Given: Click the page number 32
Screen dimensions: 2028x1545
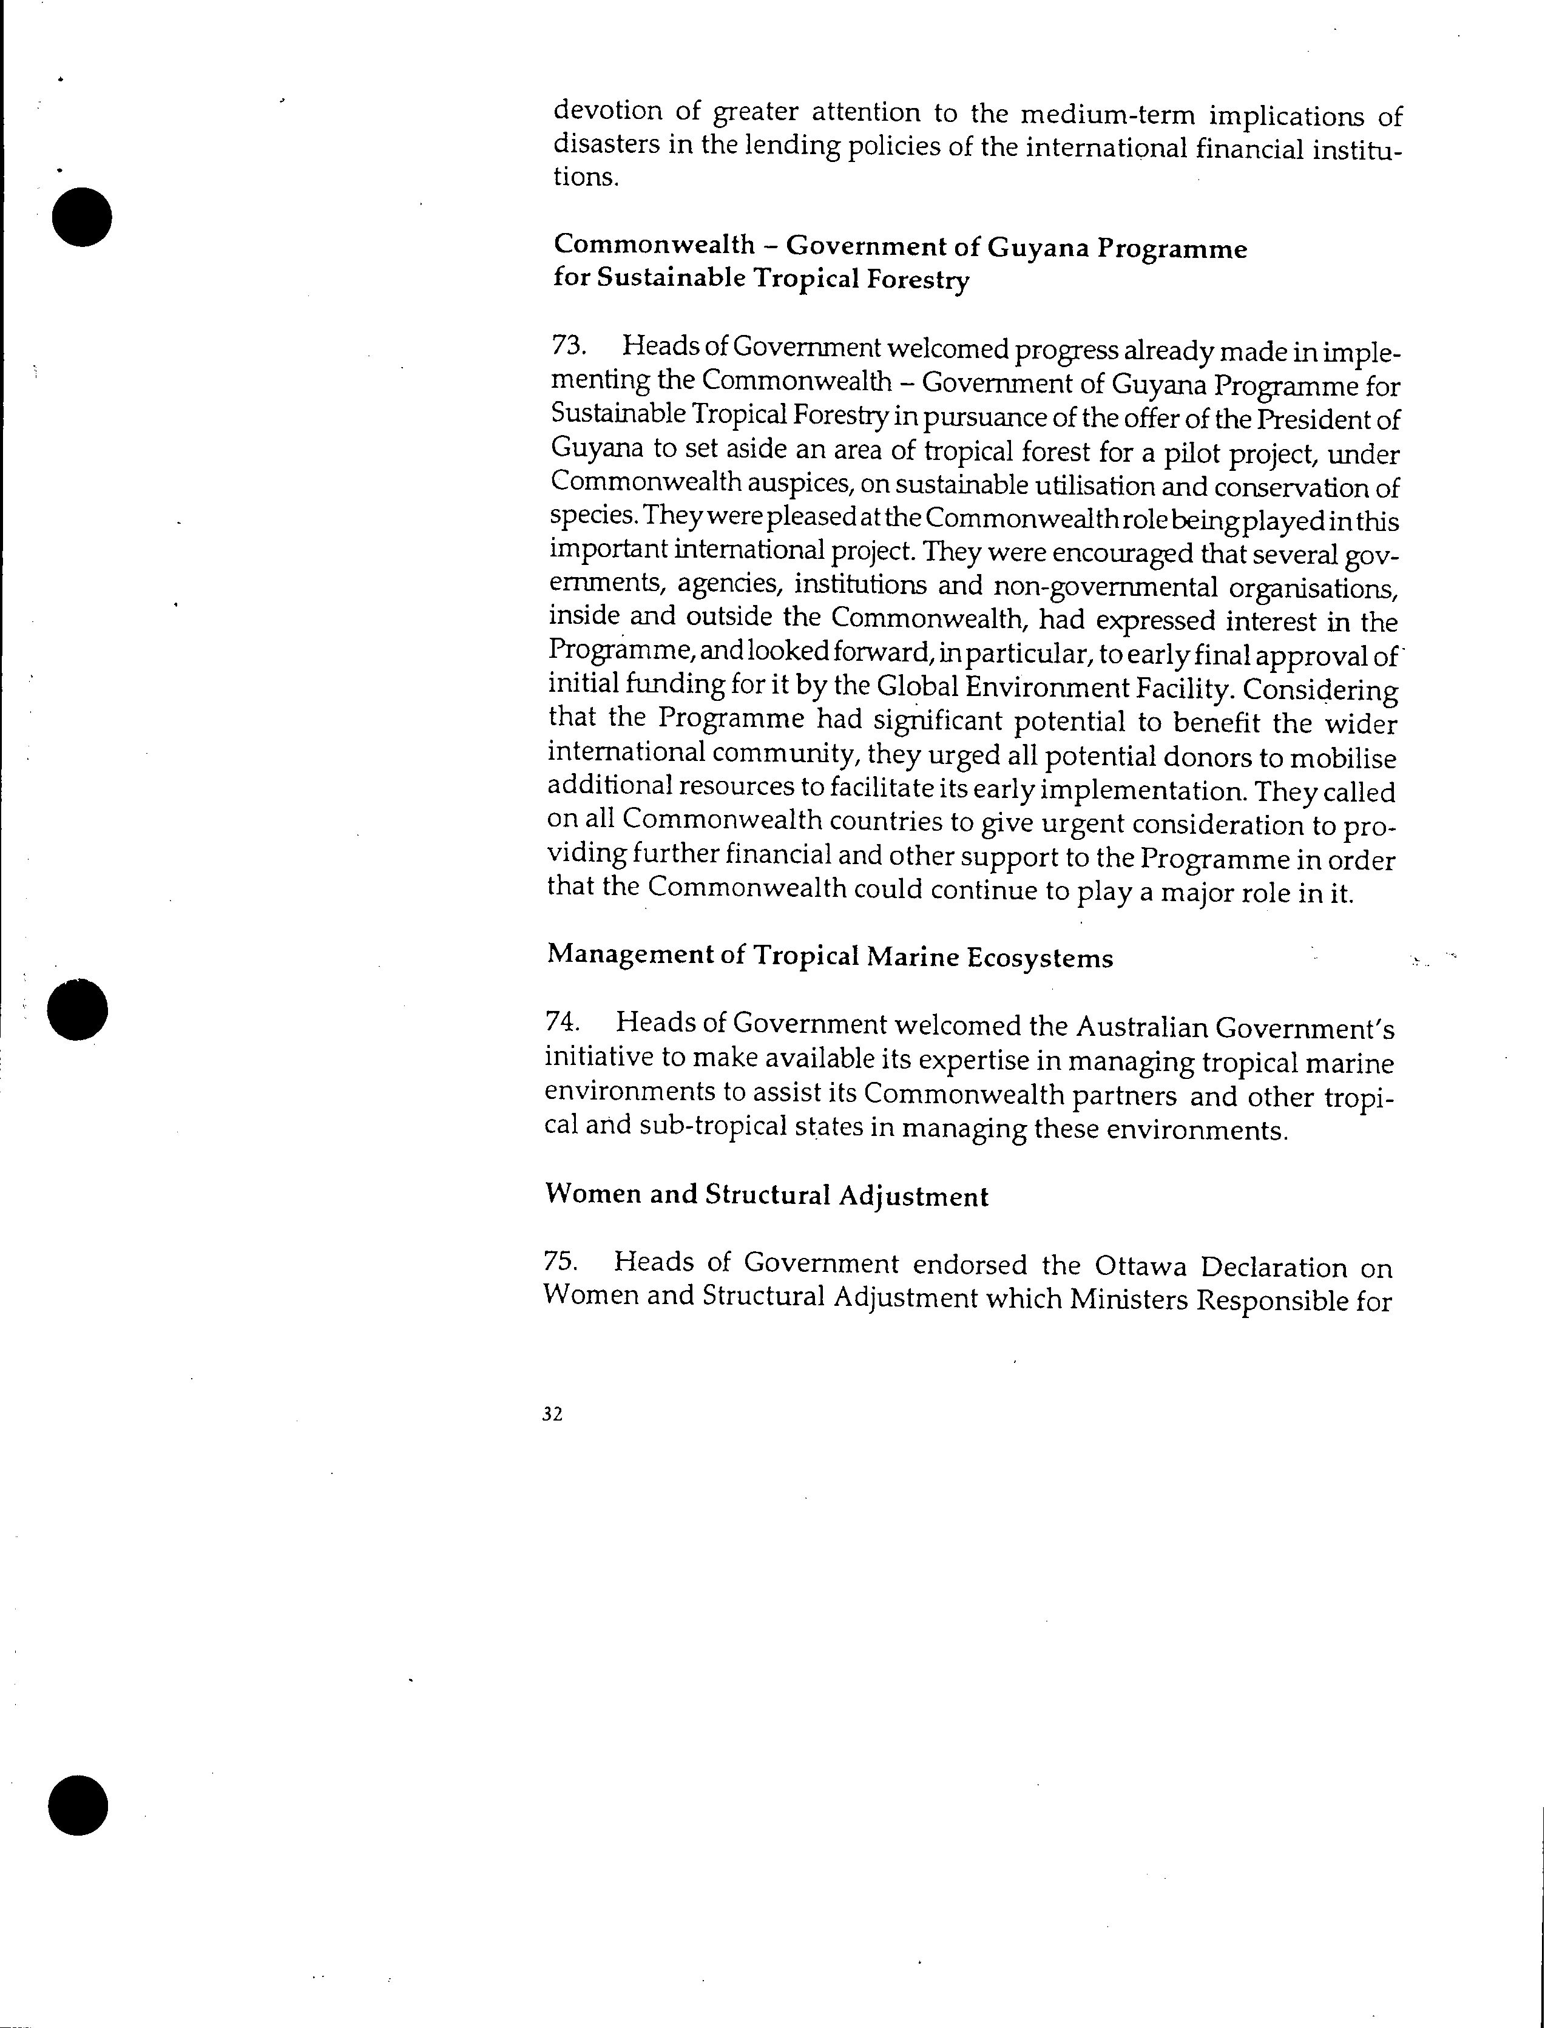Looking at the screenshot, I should tap(552, 1415).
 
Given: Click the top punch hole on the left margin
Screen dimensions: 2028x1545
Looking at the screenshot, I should tap(82, 217).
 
